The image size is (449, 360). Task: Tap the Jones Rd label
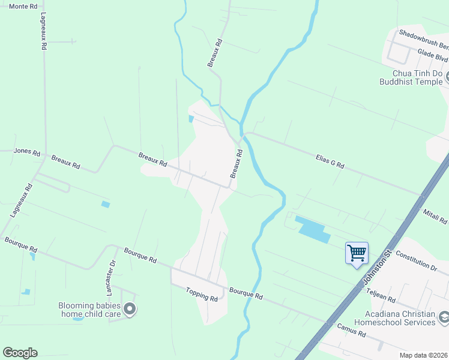pyautogui.click(x=26, y=152)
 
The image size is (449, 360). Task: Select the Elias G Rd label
pyautogui.click(x=330, y=160)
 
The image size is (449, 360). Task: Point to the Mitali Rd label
pyautogui.click(x=436, y=214)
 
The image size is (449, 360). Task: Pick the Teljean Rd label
pyautogui.click(x=381, y=294)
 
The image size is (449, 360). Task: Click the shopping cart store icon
pyautogui.click(x=357, y=252)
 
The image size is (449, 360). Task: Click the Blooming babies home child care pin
pyautogui.click(x=130, y=310)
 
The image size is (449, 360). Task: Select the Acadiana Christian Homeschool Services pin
pyautogui.click(x=443, y=317)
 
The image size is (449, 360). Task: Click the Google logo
pyautogui.click(x=20, y=353)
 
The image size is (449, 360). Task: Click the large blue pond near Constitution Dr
pyautogui.click(x=312, y=229)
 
